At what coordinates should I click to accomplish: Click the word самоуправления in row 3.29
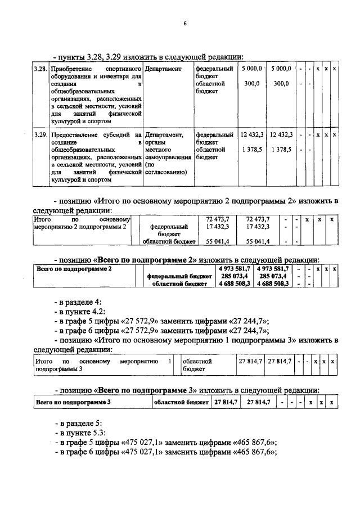tap(168, 158)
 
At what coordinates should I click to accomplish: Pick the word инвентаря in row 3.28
tap(116, 76)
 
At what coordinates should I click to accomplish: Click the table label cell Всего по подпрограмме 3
tap(73, 402)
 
